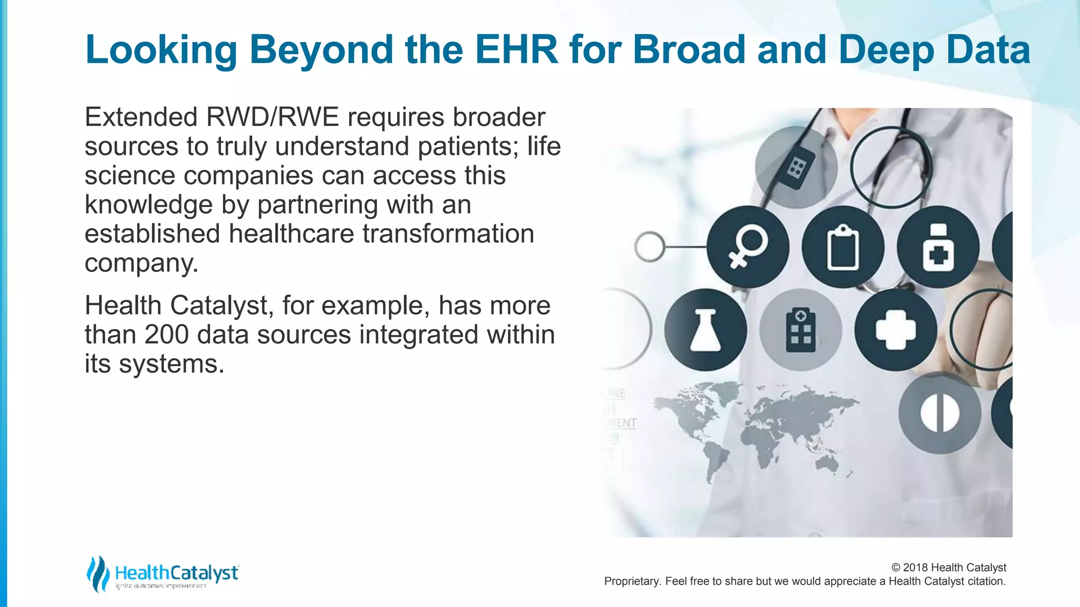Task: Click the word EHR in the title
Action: pos(516,50)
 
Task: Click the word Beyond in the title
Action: pos(322,50)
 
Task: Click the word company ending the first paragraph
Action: pos(141,263)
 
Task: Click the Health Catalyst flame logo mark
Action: pos(98,573)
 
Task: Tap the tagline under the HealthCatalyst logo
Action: pos(161,586)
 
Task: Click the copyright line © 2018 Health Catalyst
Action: pos(948,567)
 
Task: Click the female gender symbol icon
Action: pos(748,247)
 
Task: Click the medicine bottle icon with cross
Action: pos(938,247)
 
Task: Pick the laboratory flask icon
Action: pos(705,330)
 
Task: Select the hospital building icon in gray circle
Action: pos(801,330)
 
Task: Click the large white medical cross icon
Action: pos(895,330)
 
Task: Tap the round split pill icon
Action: pos(940,413)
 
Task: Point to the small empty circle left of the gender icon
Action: pos(649,247)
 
